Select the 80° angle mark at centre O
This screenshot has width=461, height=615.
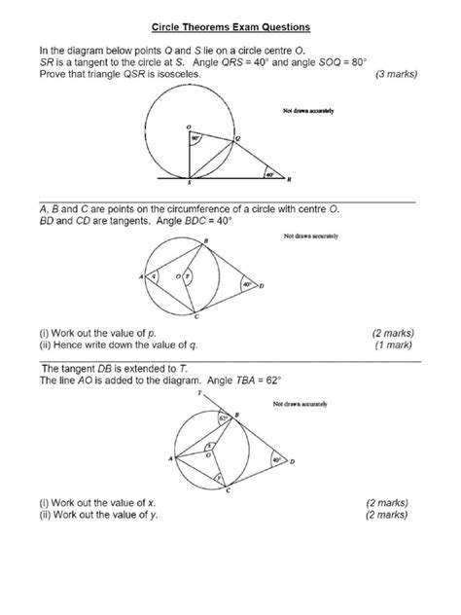point(195,138)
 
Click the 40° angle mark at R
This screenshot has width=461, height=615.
point(267,176)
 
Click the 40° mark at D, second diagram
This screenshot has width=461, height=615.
point(247,284)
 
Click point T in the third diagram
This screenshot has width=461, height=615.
point(199,395)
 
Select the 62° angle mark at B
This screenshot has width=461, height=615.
point(223,417)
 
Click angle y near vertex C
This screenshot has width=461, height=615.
point(219,478)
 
